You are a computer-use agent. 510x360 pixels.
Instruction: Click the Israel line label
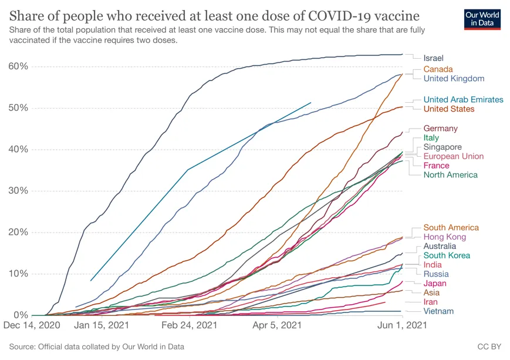(x=433, y=58)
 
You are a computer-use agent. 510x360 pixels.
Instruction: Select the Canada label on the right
(x=438, y=69)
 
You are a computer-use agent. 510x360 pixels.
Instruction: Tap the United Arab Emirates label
(x=463, y=100)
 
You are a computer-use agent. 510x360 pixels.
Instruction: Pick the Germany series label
(x=440, y=129)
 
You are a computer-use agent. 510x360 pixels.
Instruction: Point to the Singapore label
(x=442, y=147)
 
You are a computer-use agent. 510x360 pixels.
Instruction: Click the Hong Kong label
(x=444, y=237)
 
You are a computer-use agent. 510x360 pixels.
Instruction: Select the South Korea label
(x=447, y=255)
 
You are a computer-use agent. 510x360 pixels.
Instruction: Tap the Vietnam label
(x=438, y=311)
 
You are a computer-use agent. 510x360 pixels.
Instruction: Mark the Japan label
(x=435, y=283)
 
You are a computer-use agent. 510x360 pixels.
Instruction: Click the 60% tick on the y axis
(x=18, y=66)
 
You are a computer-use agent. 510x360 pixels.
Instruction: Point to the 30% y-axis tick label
(x=18, y=191)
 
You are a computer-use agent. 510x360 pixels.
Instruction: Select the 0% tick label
(x=21, y=315)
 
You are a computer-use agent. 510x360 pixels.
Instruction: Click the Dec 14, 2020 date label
(x=32, y=325)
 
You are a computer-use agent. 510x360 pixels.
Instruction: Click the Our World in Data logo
(x=482, y=18)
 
